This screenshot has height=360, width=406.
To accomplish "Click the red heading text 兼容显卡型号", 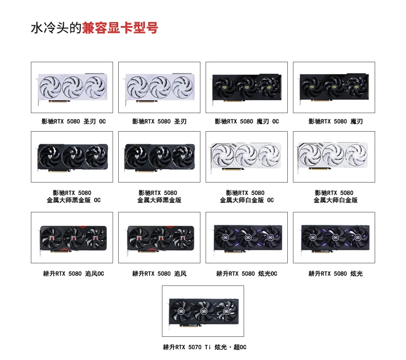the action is [x=120, y=28].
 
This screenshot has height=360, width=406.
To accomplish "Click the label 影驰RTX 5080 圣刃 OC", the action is [x=73, y=121].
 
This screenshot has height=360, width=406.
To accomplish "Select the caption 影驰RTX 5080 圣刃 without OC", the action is [x=159, y=121].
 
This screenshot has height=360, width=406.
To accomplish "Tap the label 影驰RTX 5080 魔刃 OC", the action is [x=247, y=121].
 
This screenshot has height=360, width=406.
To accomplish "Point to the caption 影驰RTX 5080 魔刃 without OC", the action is [x=335, y=121].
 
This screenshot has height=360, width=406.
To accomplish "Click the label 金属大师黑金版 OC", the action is [x=73, y=200].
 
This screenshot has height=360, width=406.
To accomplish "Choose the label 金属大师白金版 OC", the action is [x=247, y=200].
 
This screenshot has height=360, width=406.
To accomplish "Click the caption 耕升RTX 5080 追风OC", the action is [x=73, y=274].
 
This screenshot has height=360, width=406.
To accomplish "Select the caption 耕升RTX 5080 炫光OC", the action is [x=247, y=274].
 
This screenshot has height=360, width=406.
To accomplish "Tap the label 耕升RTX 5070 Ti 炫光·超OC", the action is [x=205, y=347].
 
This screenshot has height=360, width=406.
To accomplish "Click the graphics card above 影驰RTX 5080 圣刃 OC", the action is [x=72, y=88].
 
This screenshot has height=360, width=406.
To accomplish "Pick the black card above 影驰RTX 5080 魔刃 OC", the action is [x=247, y=88].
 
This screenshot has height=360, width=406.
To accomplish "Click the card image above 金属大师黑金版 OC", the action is [x=73, y=157].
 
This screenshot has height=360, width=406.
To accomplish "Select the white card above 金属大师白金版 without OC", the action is [x=333, y=156].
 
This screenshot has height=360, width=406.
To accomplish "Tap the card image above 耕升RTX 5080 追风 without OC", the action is [x=160, y=239].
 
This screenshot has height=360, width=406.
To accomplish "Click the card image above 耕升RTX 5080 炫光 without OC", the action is [x=335, y=239].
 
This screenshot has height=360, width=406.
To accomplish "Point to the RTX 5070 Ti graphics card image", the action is [x=204, y=312].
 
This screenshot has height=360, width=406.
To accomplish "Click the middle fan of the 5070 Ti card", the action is [x=204, y=311].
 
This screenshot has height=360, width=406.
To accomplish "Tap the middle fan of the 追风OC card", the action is [x=73, y=238].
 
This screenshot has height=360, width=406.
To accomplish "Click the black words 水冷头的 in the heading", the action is [x=56, y=28].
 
